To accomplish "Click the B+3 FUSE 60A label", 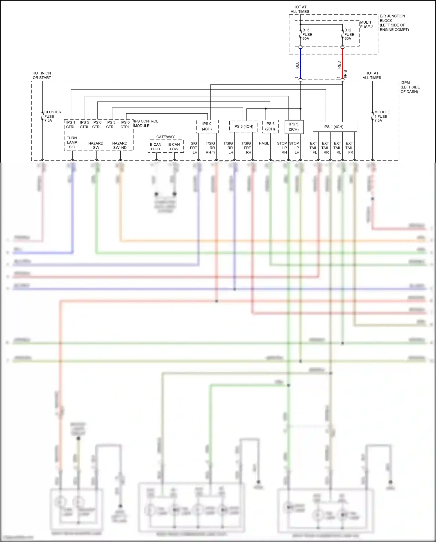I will [x=307, y=34].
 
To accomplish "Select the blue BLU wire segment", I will [x=300, y=64].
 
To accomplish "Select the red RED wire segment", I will [x=342, y=64].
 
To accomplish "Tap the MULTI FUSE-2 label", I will [x=366, y=24].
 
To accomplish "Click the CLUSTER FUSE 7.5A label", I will [x=52, y=116].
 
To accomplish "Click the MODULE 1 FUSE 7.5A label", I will [x=382, y=116].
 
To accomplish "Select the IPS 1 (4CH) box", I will [x=335, y=127].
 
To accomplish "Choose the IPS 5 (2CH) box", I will [x=294, y=127].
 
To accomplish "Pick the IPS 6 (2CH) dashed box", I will [x=270, y=126].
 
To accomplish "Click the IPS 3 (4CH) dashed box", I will [x=243, y=126].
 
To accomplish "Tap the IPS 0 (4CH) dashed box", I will [x=207, y=126].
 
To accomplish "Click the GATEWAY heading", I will [x=165, y=137].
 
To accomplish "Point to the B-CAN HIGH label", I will [x=156, y=146].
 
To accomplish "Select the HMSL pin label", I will [x=264, y=143].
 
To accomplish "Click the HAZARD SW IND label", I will [x=120, y=145].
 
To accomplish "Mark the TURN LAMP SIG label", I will [x=72, y=142].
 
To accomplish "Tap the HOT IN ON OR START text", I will [x=42, y=75].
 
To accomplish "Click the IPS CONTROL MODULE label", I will [x=146, y=123].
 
